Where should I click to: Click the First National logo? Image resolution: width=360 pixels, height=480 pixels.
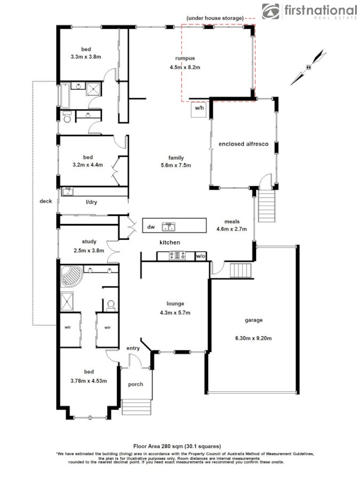pos(309,11)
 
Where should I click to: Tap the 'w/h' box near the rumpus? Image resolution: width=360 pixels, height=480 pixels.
pos(199,108)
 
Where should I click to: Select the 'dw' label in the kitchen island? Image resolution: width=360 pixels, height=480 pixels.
pos(151,227)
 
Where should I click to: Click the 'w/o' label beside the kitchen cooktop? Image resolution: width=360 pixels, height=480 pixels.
pos(201,256)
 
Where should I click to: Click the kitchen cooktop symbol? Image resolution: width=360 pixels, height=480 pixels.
pos(175,256)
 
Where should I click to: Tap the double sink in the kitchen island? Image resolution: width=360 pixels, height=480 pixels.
pos(170,227)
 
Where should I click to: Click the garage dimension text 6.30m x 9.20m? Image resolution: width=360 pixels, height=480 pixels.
pos(253,338)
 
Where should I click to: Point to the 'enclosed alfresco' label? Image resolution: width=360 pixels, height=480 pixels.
pos(243,144)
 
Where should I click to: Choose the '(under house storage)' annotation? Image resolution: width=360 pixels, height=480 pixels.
pos(214,19)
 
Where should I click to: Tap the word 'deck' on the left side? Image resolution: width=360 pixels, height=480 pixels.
pos(46,201)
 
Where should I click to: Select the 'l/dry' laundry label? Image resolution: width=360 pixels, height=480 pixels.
pos(92,202)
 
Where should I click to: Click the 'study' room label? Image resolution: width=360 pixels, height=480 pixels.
pos(89,242)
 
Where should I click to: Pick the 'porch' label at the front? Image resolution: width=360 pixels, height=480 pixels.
pos(135,384)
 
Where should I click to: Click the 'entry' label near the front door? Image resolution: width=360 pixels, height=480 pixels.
pos(133,348)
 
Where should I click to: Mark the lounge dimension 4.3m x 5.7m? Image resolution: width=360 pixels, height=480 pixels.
pos(175,313)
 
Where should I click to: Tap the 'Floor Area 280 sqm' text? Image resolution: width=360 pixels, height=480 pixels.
pos(177,446)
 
